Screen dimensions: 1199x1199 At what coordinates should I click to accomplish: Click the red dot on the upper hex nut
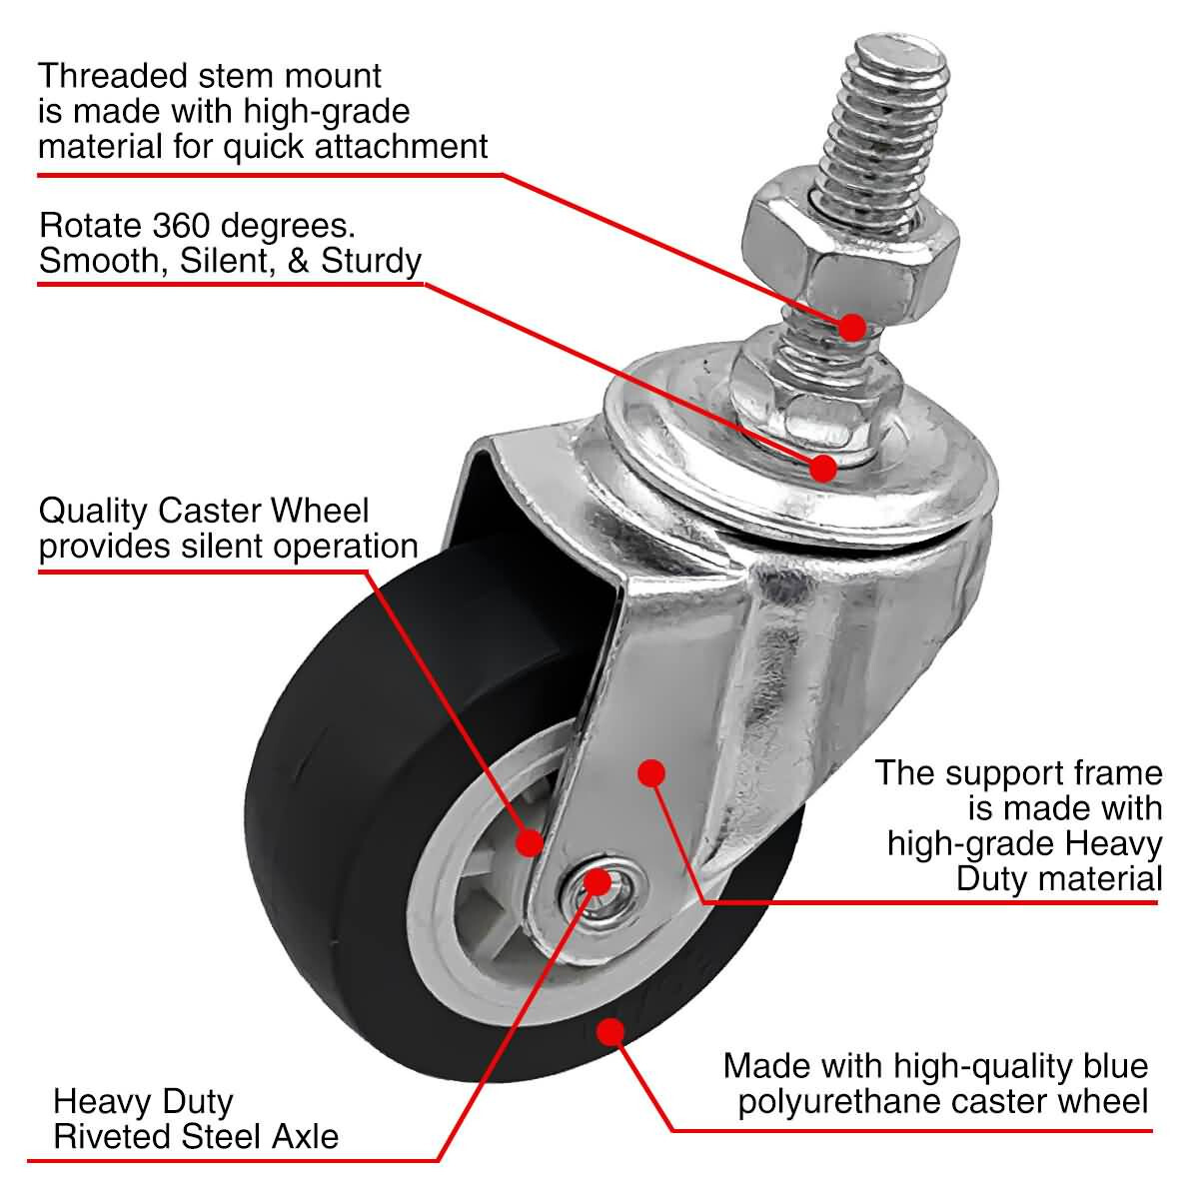tap(851, 326)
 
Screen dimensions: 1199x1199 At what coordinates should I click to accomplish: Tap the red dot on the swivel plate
tap(823, 467)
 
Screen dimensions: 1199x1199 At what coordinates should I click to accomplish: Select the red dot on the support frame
tap(651, 772)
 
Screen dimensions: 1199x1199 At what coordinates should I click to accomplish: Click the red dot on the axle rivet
tap(598, 880)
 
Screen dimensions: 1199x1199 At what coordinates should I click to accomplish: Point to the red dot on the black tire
tap(608, 1031)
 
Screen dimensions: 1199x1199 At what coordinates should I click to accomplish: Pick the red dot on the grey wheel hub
tap(529, 842)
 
